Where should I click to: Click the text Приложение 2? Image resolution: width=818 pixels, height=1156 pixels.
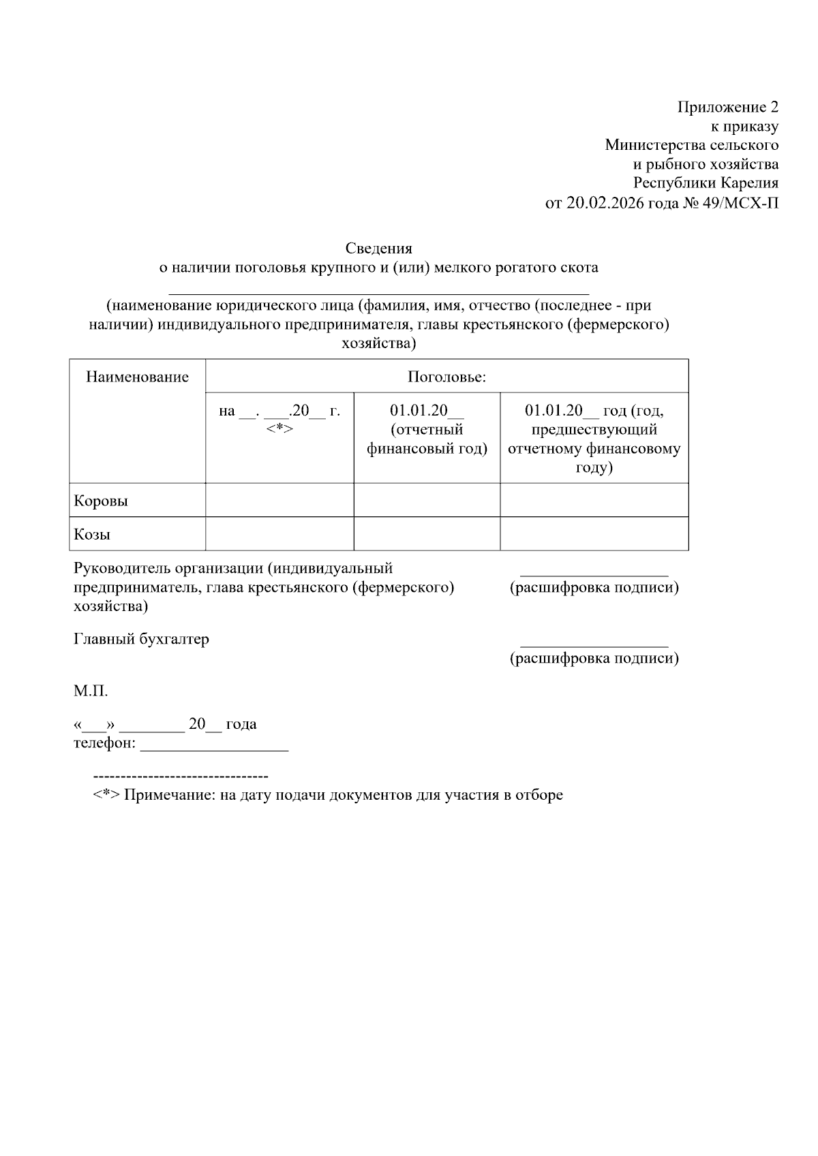727,107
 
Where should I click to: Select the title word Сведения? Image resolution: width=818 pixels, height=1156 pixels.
378,248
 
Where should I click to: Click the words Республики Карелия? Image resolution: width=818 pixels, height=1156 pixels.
706,183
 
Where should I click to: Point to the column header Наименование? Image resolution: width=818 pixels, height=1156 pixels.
137,377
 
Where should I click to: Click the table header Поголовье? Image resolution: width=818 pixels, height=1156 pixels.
446,377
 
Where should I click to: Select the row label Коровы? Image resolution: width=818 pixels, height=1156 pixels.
100,501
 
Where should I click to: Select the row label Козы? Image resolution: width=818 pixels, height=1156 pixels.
92,535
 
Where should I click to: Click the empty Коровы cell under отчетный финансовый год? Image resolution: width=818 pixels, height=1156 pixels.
427,500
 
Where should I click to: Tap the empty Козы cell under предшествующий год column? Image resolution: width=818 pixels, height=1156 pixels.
594,533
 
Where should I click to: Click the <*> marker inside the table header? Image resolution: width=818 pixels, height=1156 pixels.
279,428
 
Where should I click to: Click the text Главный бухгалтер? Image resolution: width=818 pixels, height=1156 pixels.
141,640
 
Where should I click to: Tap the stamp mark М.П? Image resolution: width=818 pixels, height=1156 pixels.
91,691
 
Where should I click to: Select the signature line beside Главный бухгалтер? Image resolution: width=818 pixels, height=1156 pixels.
594,644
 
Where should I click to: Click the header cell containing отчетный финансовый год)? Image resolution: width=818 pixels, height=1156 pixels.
427,430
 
